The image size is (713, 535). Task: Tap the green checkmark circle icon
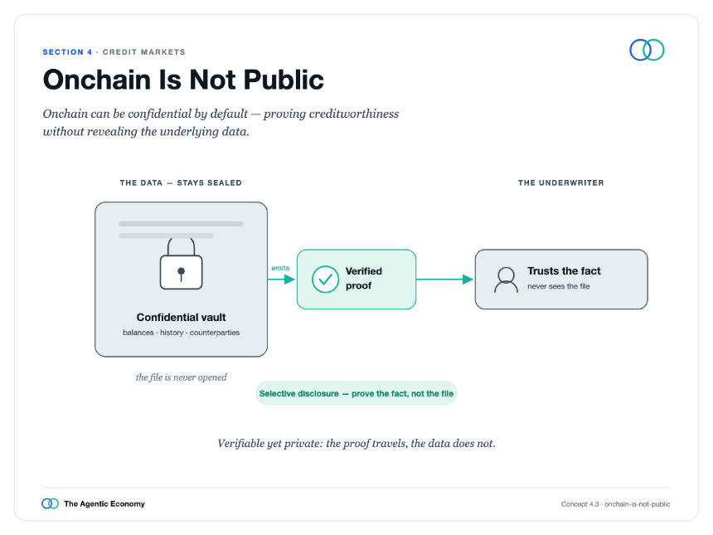point(325,279)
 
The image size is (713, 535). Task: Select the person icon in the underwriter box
point(506,280)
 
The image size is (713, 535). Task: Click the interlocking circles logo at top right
point(647,50)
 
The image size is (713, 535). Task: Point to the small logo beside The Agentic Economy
point(50,503)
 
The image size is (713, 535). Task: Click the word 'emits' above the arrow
point(280,268)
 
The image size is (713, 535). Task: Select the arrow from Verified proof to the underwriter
point(444,280)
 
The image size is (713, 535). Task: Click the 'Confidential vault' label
point(181,317)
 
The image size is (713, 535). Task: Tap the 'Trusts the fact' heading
point(564,271)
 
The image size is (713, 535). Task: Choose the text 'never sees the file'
point(559,286)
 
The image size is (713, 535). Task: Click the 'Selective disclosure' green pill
point(356,393)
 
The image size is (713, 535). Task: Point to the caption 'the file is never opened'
point(181,377)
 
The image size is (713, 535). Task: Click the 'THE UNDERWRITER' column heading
point(561,182)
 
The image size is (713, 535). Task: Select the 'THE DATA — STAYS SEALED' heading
point(181,182)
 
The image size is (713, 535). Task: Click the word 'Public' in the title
point(284,80)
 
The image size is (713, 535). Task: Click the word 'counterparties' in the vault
point(215,333)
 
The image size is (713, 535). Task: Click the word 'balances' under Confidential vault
point(138,333)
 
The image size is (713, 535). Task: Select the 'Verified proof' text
point(364,279)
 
